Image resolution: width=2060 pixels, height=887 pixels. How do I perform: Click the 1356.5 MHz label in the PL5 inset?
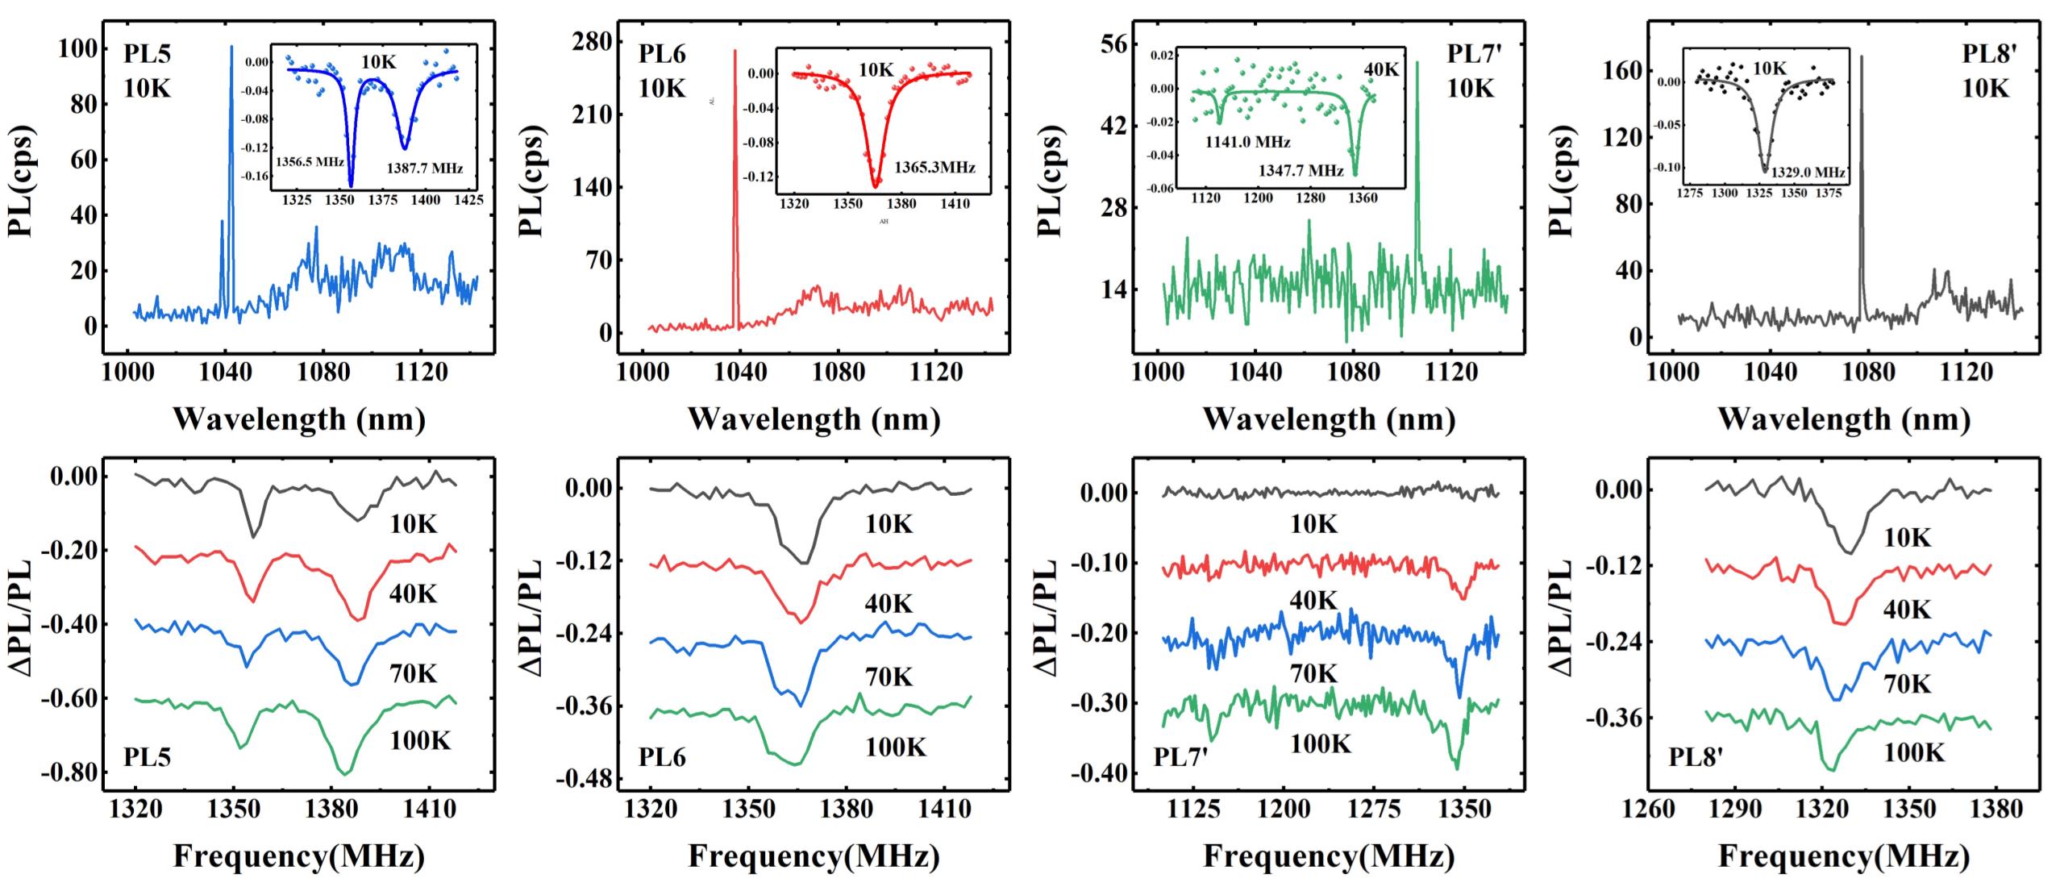click(310, 161)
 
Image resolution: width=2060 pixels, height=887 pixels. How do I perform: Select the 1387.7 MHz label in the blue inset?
click(425, 169)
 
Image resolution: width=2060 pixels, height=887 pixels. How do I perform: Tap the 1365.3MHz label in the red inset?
click(934, 168)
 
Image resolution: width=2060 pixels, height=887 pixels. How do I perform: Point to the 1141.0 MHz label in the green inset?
click(1247, 143)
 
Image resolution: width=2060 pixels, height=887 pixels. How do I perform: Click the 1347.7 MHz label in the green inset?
click(1301, 171)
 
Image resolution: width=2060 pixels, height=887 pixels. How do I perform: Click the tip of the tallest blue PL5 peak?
click(231, 47)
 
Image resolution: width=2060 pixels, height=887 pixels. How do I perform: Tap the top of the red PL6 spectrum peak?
click(735, 51)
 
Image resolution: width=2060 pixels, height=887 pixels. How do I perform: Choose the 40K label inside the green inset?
click(1381, 69)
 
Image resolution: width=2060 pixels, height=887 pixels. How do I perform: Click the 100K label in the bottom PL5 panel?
click(420, 739)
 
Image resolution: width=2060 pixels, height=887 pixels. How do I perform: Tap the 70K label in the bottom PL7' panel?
click(1313, 673)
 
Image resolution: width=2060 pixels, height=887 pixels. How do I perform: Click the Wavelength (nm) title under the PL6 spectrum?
click(814, 419)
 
